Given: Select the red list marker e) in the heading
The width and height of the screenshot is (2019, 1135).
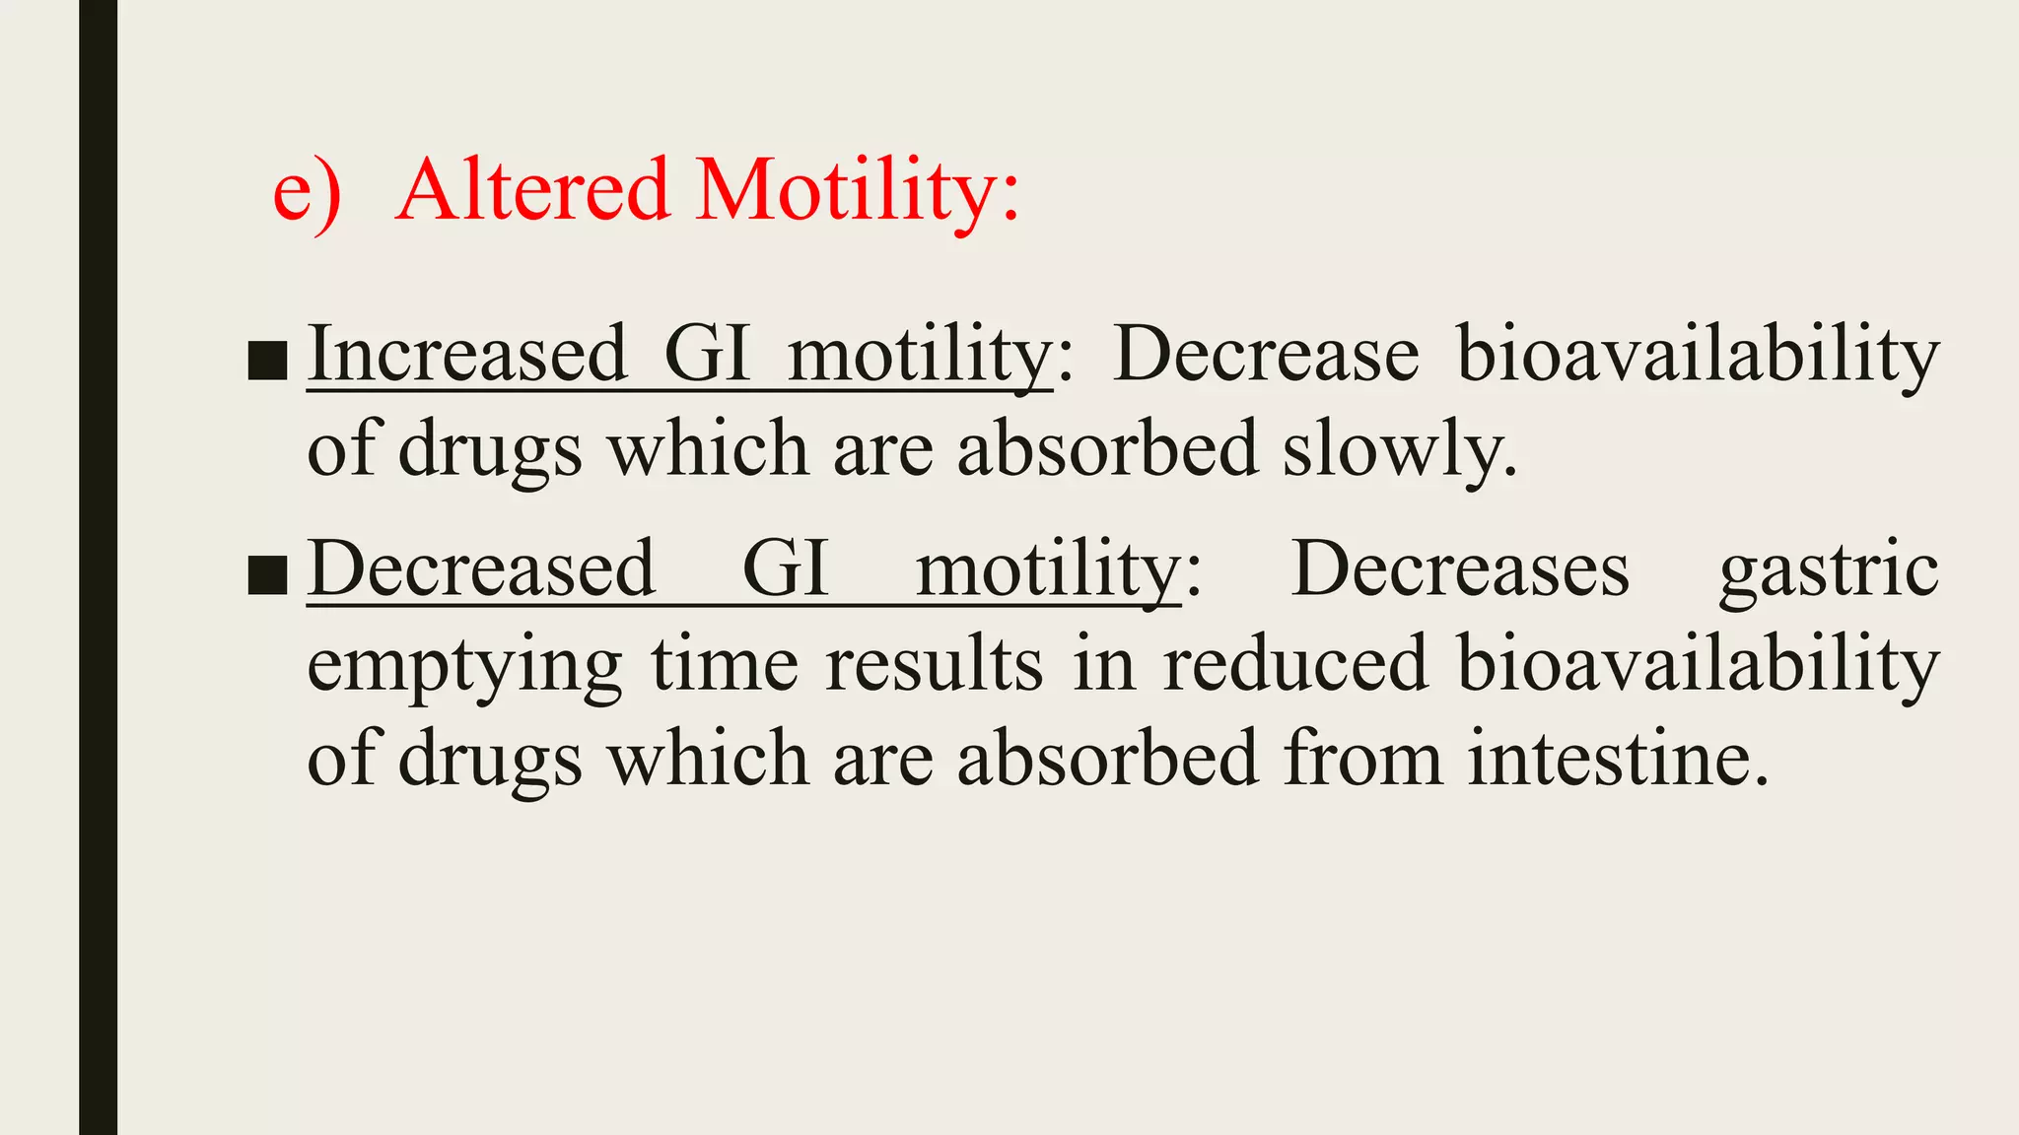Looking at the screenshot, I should (x=307, y=192).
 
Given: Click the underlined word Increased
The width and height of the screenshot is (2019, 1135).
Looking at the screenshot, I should (x=467, y=354).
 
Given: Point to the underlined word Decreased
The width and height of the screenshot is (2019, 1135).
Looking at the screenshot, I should (x=481, y=568).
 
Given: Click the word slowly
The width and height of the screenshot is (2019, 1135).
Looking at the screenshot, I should (x=1399, y=449).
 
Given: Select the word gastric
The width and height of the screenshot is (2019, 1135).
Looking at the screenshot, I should (x=1829, y=570).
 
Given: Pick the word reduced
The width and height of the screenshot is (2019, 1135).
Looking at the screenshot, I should (x=1295, y=664).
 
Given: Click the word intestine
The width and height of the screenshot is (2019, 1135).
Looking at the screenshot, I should (x=1617, y=759).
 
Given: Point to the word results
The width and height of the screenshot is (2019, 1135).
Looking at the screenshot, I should (x=934, y=664).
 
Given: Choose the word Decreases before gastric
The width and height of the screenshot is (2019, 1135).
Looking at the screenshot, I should (x=1460, y=568).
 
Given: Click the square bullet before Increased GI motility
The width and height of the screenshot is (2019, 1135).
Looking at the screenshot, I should (x=267, y=361).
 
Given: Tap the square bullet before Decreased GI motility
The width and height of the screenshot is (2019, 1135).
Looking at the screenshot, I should (x=267, y=575).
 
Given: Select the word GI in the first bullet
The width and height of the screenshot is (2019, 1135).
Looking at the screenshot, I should (x=708, y=354).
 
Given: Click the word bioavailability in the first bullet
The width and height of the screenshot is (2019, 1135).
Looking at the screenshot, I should (x=1698, y=356).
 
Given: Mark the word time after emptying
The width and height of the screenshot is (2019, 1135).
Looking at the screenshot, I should (x=724, y=664).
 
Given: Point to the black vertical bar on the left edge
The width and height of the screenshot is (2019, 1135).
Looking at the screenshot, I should (x=98, y=567).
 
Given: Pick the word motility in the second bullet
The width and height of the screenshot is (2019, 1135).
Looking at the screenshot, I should (x=1047, y=570).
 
